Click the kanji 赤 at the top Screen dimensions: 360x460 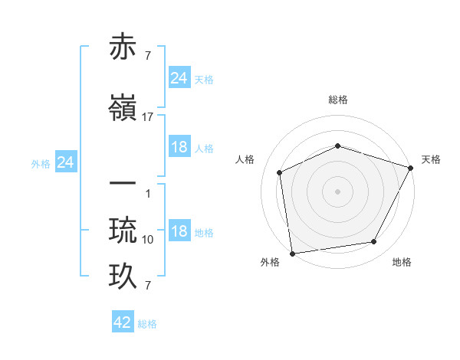124,47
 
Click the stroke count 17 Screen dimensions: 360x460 148,117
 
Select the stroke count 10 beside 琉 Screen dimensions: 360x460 148,240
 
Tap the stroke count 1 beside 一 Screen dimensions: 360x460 148,194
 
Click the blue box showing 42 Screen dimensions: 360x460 123,322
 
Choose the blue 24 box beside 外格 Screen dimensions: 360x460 66,162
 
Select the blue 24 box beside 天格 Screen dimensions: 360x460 179,77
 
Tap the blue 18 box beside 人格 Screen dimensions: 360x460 179,147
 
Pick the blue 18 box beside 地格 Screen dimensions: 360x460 179,231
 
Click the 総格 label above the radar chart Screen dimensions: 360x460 338,100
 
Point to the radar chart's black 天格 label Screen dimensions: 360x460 431,159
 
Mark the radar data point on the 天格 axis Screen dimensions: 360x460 410,168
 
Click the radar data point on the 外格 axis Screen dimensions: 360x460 292,253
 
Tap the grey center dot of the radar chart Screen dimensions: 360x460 337,191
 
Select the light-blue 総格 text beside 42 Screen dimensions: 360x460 147,324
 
